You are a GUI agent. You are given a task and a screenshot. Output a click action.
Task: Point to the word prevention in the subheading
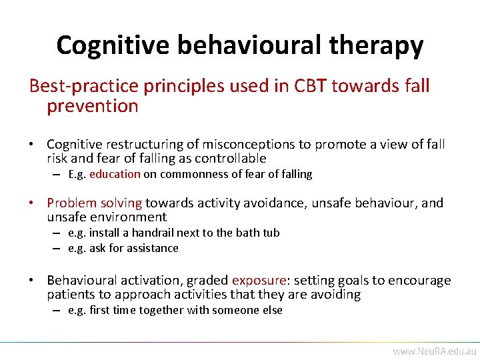coord(93,106)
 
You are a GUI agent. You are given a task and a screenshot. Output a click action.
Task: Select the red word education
coord(115,174)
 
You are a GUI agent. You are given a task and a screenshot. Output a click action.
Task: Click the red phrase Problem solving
coord(95,203)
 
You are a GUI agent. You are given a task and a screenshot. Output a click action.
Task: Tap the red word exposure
coord(259,281)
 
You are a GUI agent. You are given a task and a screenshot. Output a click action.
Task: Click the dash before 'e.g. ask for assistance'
coord(59,248)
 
